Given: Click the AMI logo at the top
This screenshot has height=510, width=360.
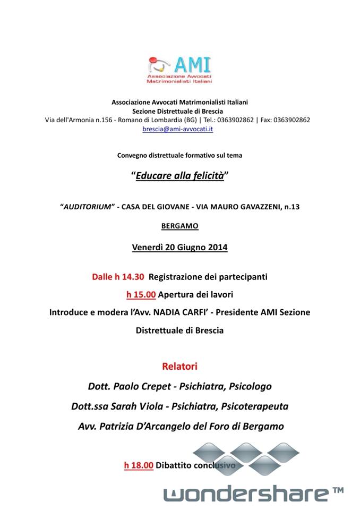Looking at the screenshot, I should (x=180, y=69).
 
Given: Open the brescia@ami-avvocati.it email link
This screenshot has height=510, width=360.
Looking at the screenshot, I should (x=178, y=129).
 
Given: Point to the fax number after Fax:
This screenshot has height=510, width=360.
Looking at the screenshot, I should (x=292, y=120).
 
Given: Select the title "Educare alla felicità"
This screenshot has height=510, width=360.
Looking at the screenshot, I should (x=179, y=176).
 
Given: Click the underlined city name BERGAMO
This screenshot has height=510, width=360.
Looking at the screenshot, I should (x=179, y=226).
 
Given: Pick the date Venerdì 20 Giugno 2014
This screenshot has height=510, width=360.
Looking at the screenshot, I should (x=179, y=247).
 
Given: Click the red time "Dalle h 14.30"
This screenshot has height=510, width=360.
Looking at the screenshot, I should (x=118, y=277).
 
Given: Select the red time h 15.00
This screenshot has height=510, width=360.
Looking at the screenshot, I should (x=141, y=294).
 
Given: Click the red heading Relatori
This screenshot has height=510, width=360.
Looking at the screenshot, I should (x=179, y=367).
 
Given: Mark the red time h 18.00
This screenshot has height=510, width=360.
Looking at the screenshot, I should (x=139, y=465).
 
